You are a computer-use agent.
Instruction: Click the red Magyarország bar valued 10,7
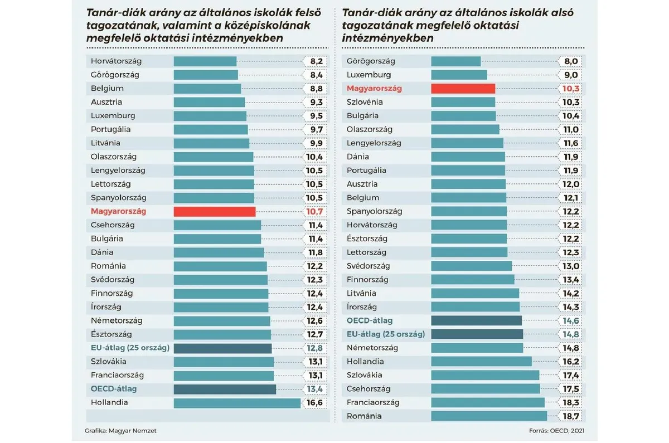(215, 211)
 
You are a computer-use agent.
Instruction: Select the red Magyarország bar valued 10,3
(463, 88)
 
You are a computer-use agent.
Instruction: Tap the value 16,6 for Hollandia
(315, 402)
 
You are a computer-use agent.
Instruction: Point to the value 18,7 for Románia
(570, 416)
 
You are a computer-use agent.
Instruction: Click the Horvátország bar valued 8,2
(205, 61)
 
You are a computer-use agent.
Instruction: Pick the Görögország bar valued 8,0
(455, 61)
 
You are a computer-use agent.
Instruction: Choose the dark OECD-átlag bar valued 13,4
(225, 389)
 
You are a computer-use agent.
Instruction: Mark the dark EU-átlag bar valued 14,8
(477, 334)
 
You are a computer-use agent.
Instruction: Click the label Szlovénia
(365, 102)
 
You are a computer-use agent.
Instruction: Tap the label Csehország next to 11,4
(113, 225)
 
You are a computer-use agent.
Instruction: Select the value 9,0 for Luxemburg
(571, 75)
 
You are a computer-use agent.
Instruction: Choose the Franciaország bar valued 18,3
(488, 402)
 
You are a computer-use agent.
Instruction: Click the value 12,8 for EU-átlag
(315, 348)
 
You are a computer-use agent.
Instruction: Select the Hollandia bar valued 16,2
(481, 362)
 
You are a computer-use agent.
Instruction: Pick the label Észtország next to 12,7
(111, 334)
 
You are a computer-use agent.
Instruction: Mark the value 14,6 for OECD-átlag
(570, 321)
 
